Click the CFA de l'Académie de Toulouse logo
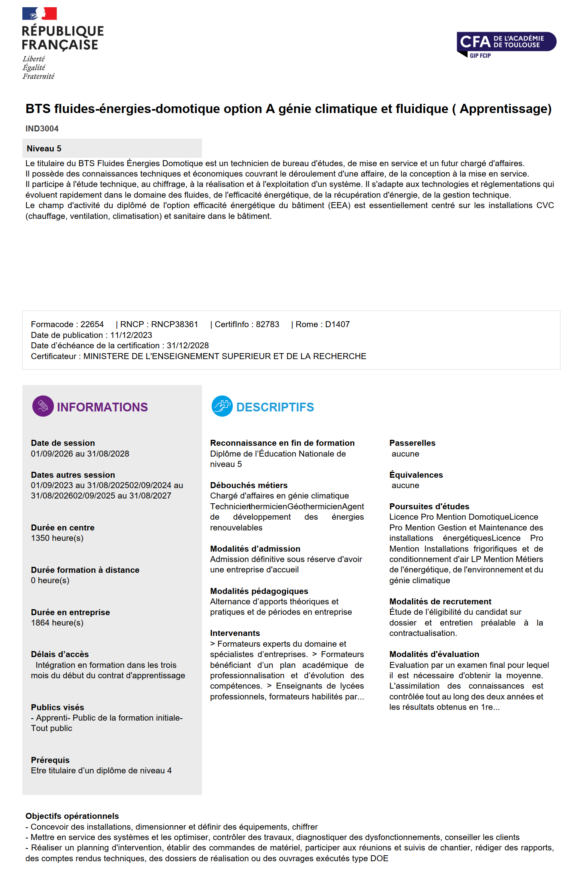pyautogui.click(x=506, y=44)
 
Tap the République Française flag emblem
pyautogui.click(x=40, y=14)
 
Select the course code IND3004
pyautogui.click(x=42, y=129)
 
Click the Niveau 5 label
pyautogui.click(x=44, y=149)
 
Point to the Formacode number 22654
pyautogui.click(x=92, y=324)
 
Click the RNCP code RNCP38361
pyautogui.click(x=175, y=324)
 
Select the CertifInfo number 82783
pyautogui.click(x=268, y=324)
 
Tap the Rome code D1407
pyautogui.click(x=337, y=324)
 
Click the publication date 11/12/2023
pyautogui.click(x=131, y=335)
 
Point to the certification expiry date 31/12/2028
pyautogui.click(x=188, y=346)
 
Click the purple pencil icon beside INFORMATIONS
pyautogui.click(x=43, y=406)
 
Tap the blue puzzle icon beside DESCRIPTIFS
pyautogui.click(x=222, y=406)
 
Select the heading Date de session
pyautogui.click(x=63, y=443)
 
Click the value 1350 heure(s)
pyautogui.click(x=57, y=538)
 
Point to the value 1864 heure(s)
pyautogui.click(x=57, y=623)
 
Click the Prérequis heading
pyautogui.click(x=50, y=760)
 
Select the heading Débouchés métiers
pyautogui.click(x=249, y=485)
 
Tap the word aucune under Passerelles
pyautogui.click(x=405, y=454)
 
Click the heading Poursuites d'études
pyautogui.click(x=429, y=507)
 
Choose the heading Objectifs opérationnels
pyautogui.click(x=72, y=816)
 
